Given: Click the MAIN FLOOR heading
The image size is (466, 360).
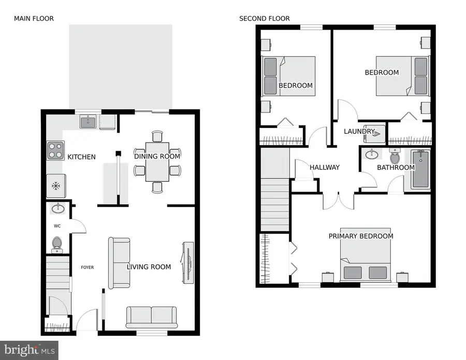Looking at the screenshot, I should point(34,19).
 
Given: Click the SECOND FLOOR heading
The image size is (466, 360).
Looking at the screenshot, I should point(264,19).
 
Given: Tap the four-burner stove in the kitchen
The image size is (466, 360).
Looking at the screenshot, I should point(55,151).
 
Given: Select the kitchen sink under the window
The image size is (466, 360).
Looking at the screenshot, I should point(88,122).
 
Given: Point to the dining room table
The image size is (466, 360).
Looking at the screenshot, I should point(157,162).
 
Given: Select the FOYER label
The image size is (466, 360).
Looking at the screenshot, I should point(87,268).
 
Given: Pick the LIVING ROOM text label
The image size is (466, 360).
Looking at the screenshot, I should point(149,267).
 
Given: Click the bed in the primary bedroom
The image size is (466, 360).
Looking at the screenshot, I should point(366,263).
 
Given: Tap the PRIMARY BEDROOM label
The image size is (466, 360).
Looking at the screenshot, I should point(361,236).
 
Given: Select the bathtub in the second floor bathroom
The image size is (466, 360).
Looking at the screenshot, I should point(420,169).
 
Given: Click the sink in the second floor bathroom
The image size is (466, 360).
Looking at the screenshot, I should point(371,154).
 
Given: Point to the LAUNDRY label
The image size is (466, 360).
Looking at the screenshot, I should point(359,132).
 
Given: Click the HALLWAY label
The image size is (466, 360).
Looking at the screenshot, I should point(325,167).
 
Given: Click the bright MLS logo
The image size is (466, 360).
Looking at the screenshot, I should point(29,350).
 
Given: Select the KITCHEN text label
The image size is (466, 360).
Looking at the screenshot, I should point(81,157).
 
